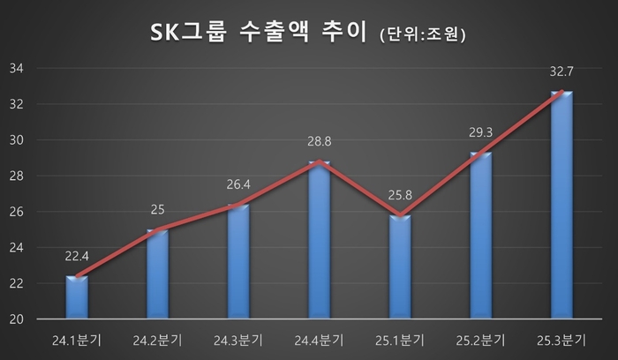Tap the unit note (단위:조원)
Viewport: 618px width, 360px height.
[421, 36]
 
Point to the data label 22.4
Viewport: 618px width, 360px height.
[77, 258]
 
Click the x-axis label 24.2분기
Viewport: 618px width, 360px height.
[157, 339]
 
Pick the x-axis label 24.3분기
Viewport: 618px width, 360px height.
[238, 339]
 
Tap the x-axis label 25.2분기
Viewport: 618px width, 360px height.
[480, 339]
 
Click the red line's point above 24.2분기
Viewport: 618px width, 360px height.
[157, 229]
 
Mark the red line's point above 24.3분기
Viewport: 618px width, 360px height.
[238, 205]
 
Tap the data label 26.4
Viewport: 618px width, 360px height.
[238, 186]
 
